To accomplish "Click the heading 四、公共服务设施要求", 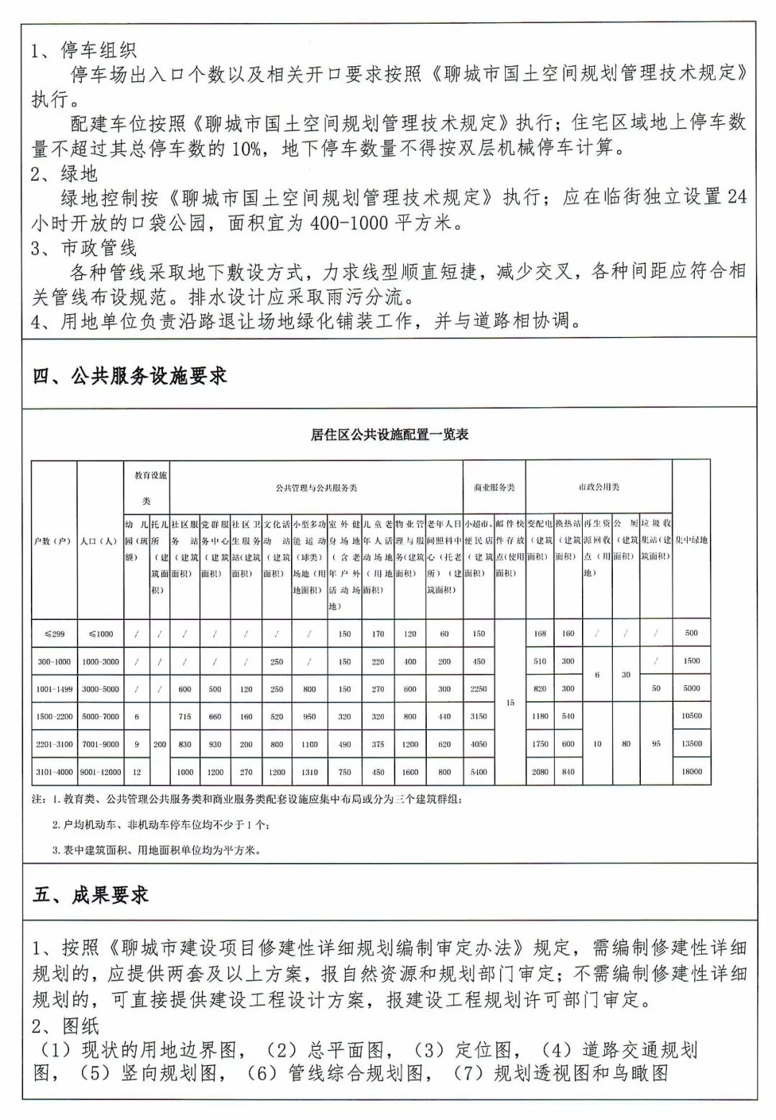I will click(130, 376).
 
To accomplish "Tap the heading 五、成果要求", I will click(91, 894).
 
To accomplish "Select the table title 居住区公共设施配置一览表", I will click(389, 435).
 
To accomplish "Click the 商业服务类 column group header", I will click(494, 487).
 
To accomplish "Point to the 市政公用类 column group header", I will click(599, 487).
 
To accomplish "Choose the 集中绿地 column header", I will click(691, 540).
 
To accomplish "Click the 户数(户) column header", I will click(54, 540).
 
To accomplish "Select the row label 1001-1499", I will click(54, 689).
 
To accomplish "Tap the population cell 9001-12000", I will click(101, 772).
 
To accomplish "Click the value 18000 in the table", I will click(691, 772).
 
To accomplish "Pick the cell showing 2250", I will click(479, 689).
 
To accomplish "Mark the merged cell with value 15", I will click(510, 703).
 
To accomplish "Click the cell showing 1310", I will click(310, 772).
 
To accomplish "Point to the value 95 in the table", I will click(656, 744).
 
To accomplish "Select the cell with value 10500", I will click(691, 716).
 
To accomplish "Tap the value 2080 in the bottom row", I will click(540, 772).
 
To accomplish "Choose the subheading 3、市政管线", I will click(83, 249).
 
